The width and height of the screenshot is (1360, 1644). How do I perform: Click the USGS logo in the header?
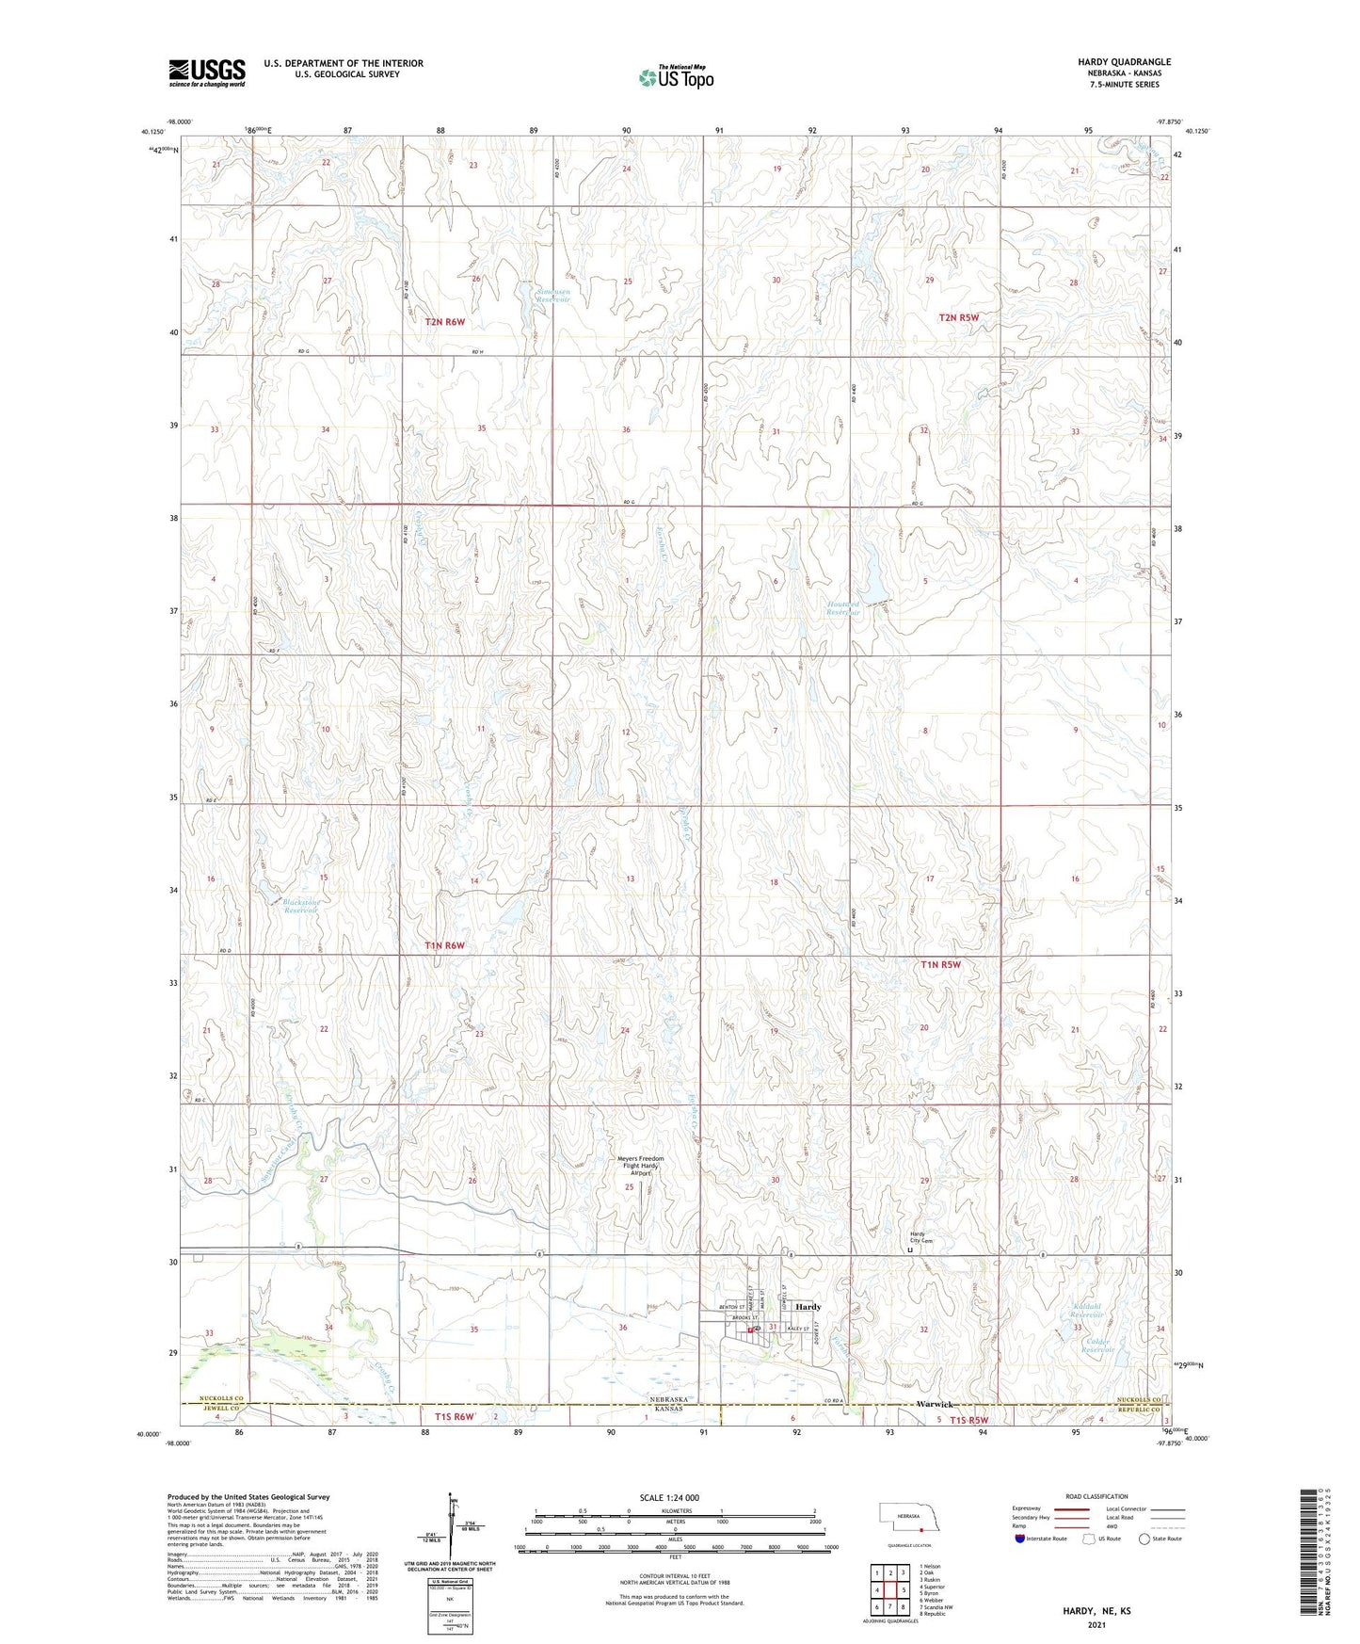(207, 72)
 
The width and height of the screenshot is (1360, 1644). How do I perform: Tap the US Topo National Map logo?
(675, 77)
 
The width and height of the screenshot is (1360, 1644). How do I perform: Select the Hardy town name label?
(808, 1307)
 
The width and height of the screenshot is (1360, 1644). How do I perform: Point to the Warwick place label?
(935, 1405)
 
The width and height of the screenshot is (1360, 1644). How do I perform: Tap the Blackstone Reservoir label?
(302, 907)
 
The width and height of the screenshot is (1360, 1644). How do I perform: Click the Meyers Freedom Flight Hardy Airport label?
(641, 1166)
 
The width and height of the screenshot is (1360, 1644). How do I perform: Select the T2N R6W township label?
(445, 322)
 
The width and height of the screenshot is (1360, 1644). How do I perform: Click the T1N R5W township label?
(940, 964)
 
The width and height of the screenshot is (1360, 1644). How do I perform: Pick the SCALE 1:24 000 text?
(669, 1497)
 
